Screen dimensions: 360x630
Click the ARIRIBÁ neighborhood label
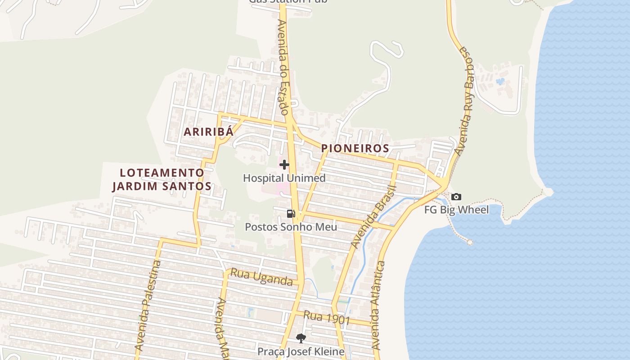(x=209, y=132)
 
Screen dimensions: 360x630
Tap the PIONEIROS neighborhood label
(x=355, y=148)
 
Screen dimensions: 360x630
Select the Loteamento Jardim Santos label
(x=162, y=179)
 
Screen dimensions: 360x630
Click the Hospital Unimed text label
(x=284, y=178)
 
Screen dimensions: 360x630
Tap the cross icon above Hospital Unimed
(x=284, y=165)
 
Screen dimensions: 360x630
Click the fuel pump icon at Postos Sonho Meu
(x=291, y=214)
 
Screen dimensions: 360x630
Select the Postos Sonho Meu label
(x=291, y=227)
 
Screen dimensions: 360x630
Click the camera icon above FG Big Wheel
(x=456, y=197)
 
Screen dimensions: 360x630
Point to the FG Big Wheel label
(x=456, y=210)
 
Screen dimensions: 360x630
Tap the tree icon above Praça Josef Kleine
(x=301, y=338)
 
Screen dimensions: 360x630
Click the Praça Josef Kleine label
(x=301, y=351)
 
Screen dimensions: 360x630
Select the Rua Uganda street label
(x=261, y=277)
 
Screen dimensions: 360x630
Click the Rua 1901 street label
(x=327, y=318)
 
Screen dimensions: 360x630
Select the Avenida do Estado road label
(x=283, y=67)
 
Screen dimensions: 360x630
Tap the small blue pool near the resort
(x=500, y=81)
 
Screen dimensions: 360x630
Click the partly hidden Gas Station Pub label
(x=288, y=2)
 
